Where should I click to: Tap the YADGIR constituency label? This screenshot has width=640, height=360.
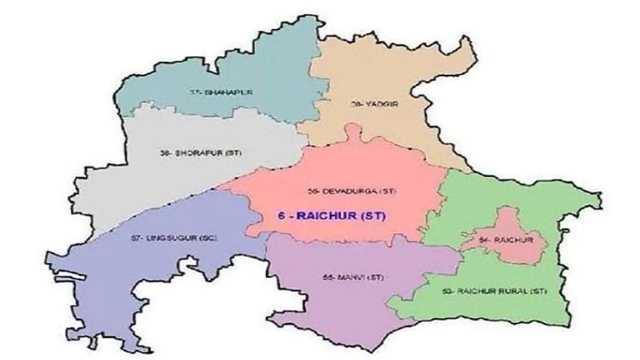pyautogui.click(x=369, y=104)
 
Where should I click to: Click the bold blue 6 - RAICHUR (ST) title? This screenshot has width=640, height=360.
pyautogui.click(x=332, y=216)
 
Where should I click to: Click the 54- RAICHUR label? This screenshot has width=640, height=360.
pyautogui.click(x=505, y=240)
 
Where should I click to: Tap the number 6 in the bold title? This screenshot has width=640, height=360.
pyautogui.click(x=280, y=216)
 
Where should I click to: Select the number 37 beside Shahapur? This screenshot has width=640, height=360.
pyautogui.click(x=193, y=93)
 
